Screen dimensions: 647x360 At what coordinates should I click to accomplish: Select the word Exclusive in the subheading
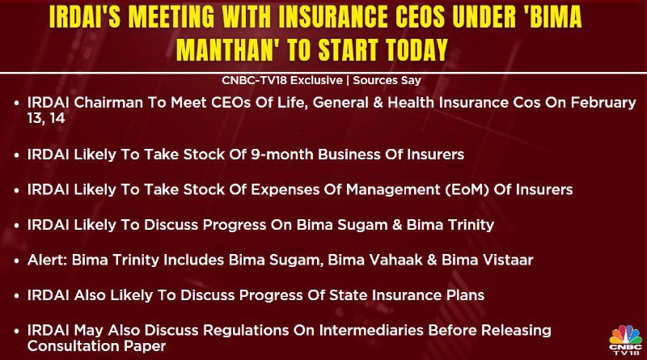[x=317, y=80]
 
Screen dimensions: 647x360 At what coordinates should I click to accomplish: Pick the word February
[x=603, y=104]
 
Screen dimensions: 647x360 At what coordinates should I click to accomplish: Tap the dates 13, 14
[x=46, y=118]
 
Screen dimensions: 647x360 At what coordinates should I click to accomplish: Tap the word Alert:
[x=48, y=260]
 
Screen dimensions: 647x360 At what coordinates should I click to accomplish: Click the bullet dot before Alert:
[x=16, y=261]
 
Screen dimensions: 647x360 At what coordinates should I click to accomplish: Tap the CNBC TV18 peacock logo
[x=625, y=340]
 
